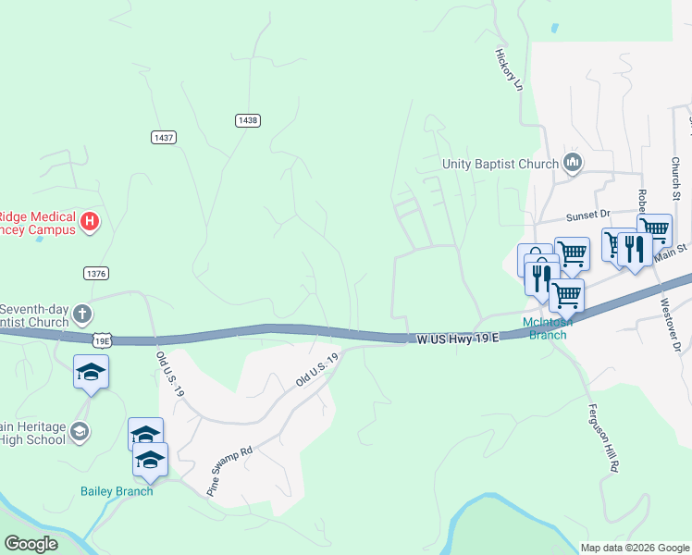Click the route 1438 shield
(x=247, y=120)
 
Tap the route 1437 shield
(x=163, y=137)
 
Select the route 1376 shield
(x=95, y=273)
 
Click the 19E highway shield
(x=101, y=340)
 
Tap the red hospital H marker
(x=90, y=221)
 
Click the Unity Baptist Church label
(x=500, y=165)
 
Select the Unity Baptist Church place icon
(x=573, y=164)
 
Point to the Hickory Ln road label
(x=509, y=69)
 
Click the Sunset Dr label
(x=587, y=214)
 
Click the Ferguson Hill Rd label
(x=601, y=438)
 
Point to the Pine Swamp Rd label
(x=229, y=472)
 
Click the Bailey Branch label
(x=116, y=490)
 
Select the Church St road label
(x=675, y=178)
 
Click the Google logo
(x=31, y=544)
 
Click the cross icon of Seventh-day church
(x=81, y=313)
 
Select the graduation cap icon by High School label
(x=80, y=432)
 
